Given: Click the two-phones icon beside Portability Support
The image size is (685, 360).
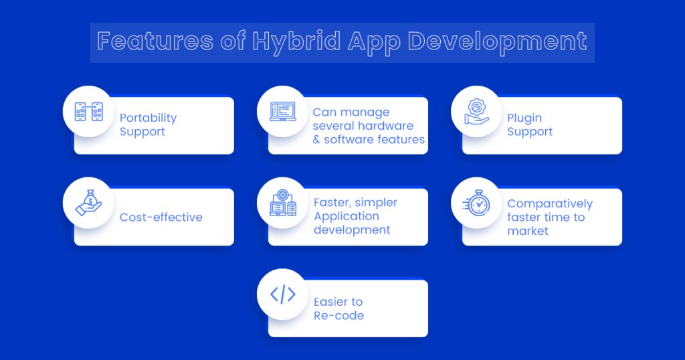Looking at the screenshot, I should coord(88,111).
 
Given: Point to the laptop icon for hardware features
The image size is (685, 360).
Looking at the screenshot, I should coord(283,111).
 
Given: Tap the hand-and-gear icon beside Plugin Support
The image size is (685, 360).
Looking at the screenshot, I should coord(476,111).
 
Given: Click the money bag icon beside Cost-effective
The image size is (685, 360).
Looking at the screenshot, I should coord(88,203).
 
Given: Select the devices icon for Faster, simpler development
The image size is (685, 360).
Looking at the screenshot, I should coord(283,203).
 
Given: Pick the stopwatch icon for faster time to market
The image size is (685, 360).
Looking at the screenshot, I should coord(476,203).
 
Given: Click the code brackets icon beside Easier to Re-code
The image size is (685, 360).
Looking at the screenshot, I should coord(283,294).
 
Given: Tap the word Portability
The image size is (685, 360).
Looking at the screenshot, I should coord(148,118).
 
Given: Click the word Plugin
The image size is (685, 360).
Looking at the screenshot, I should coord(524,118).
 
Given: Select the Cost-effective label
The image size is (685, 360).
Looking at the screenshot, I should coord(161,217).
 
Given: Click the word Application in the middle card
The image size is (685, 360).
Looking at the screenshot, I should coord(347,216).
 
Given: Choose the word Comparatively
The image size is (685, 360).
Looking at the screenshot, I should coord(550,203).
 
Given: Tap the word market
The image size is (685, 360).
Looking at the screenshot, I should coord(528,231).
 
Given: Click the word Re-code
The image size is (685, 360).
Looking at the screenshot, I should coord(338,315).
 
